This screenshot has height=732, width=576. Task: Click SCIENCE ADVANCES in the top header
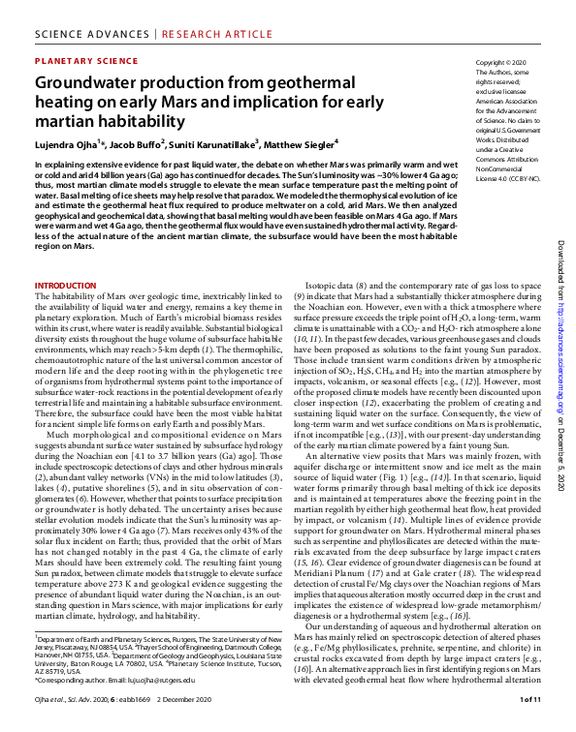pyautogui.click(x=77, y=15)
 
